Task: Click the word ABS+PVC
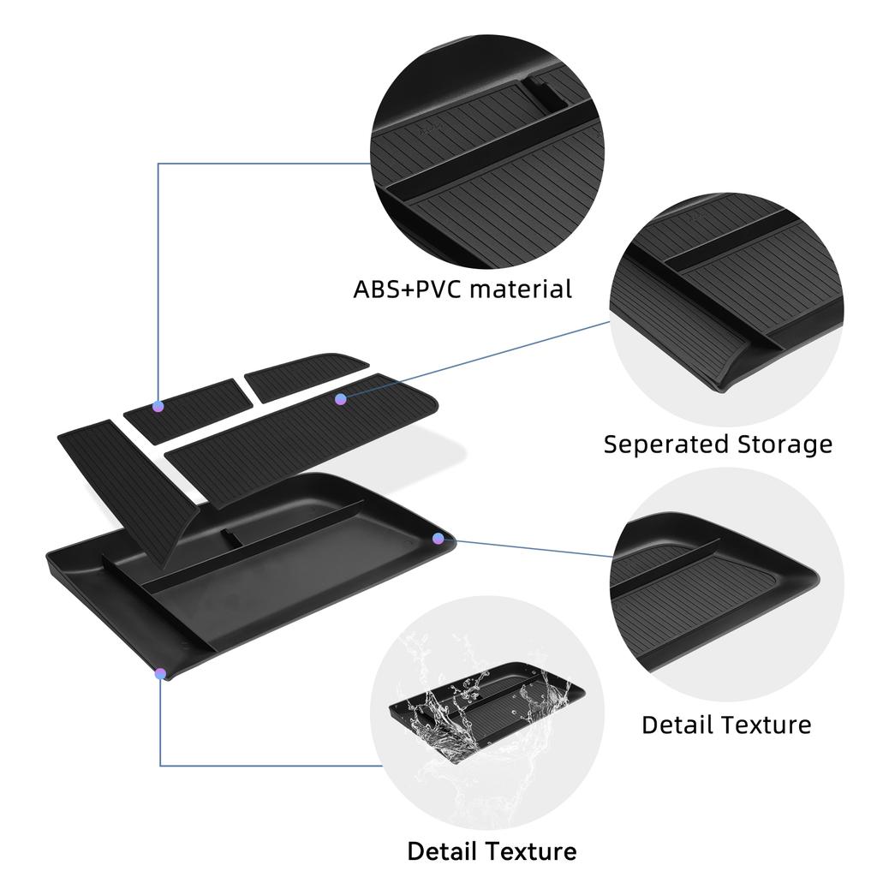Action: click(407, 289)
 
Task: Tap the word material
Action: click(520, 289)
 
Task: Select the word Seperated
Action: click(666, 444)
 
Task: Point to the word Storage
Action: click(785, 444)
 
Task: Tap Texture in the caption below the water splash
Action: click(531, 851)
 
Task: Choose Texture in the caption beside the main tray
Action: click(766, 725)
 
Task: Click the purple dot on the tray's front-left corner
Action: click(160, 674)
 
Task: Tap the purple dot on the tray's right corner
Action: click(438, 539)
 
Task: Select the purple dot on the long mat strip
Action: click(341, 399)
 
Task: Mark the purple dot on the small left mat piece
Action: click(158, 406)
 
